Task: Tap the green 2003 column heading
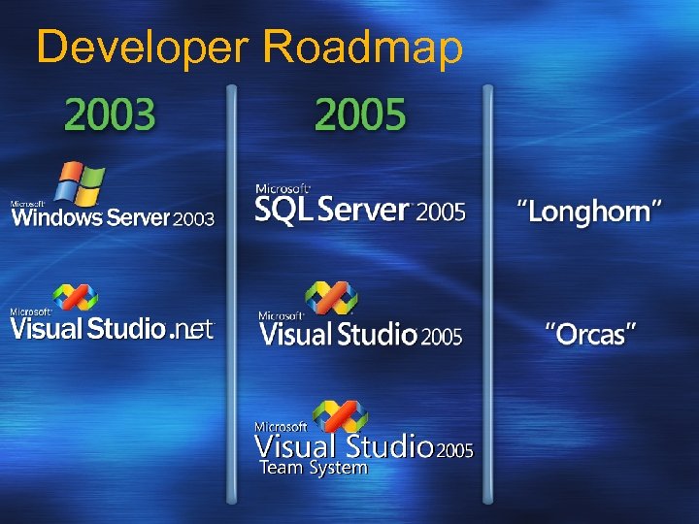pos(110,115)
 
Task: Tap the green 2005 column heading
pos(360,115)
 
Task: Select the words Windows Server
pos(90,216)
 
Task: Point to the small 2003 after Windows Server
pos(192,219)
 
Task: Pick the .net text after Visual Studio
pos(191,330)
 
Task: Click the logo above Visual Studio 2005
pos(330,299)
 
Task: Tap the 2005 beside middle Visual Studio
pos(442,337)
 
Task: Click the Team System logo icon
pos(340,415)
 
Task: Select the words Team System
pos(313,469)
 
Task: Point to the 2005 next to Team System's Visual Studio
pos(454,450)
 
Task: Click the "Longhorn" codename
pos(589,211)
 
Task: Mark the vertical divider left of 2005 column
pos(231,291)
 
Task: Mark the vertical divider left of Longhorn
pos(487,291)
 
